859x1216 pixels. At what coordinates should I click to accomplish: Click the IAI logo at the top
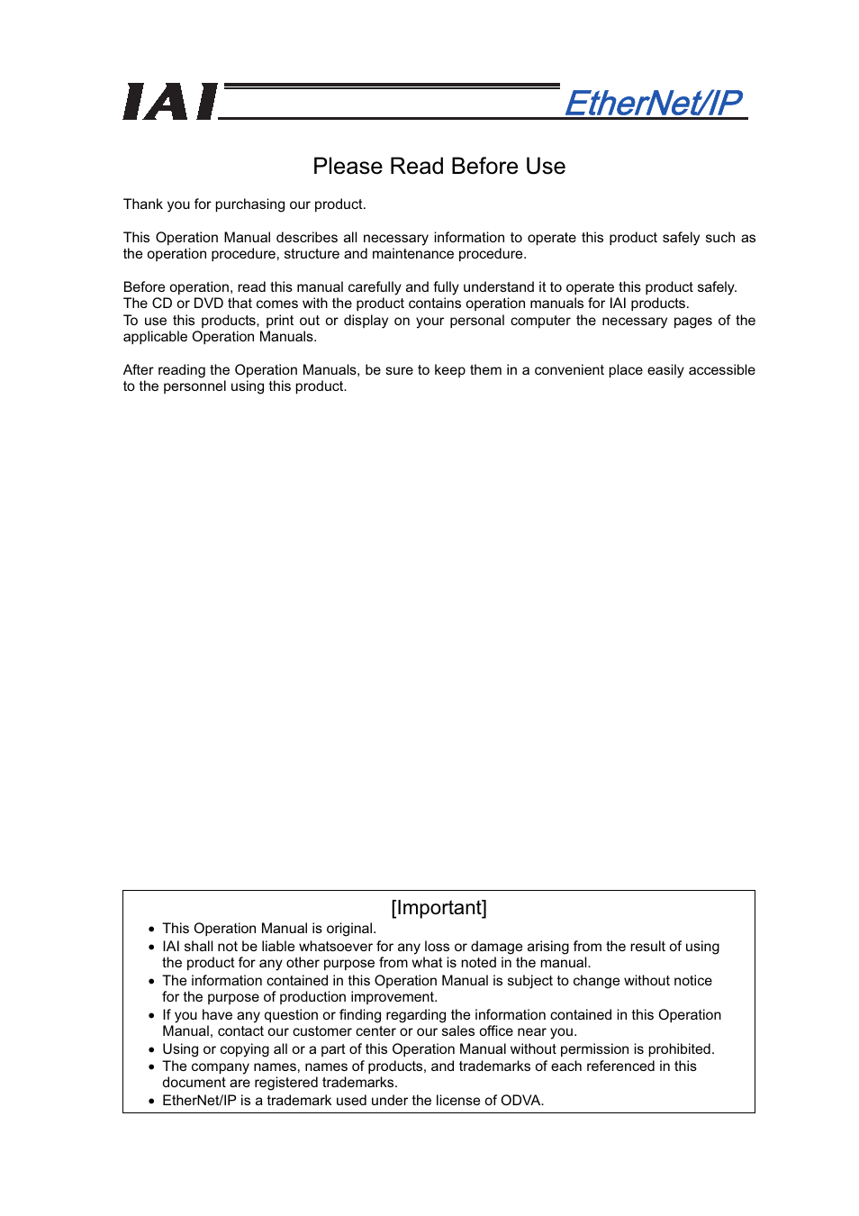(x=170, y=102)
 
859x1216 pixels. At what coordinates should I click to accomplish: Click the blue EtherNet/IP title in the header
(x=654, y=103)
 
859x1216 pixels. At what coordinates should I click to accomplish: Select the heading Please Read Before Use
(x=439, y=167)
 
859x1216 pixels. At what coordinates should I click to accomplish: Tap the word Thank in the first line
(x=142, y=204)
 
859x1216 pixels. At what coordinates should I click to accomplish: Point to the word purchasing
(x=249, y=204)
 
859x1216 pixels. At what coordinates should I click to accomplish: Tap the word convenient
(x=578, y=370)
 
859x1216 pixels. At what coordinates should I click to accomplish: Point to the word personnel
(x=194, y=386)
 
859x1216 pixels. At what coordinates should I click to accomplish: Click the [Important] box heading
(x=439, y=908)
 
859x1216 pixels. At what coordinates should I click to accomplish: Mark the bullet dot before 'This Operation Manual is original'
(x=151, y=930)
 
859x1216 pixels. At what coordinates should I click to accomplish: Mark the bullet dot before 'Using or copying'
(x=151, y=1050)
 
